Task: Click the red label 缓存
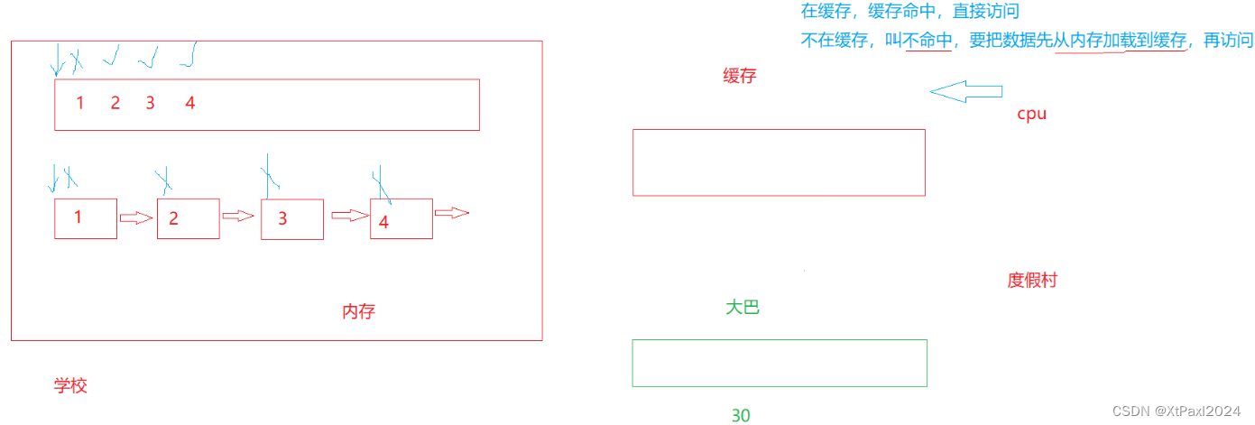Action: pos(739,77)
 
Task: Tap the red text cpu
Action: pos(1031,115)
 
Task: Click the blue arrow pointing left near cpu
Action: pos(965,91)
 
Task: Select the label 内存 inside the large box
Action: pos(358,312)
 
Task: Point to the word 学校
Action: pos(70,386)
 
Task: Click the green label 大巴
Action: pos(743,308)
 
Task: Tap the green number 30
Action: pos(741,415)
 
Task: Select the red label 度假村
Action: pos(1031,280)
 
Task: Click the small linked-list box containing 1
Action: pos(86,218)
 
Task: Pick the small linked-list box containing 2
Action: pos(188,218)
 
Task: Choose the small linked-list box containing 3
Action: pos(291,218)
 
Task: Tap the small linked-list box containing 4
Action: pos(401,218)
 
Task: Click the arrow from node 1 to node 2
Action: pos(136,217)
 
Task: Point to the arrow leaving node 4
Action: pos(452,213)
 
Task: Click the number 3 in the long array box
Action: pos(150,103)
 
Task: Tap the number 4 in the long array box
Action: pos(189,103)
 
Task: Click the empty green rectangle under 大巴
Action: pos(780,363)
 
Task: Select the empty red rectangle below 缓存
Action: pos(779,162)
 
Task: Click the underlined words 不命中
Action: pos(928,40)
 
